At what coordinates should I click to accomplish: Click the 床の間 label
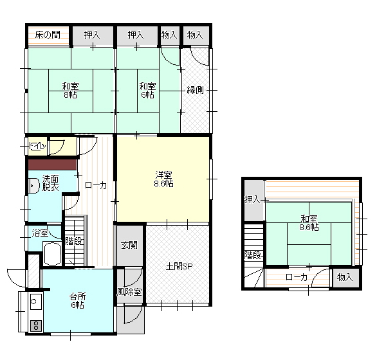[48, 35]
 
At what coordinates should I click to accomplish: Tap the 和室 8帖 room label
[70, 91]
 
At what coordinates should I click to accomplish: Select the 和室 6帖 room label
[147, 91]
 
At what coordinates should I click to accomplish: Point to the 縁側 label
[195, 90]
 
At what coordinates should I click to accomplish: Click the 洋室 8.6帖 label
[163, 179]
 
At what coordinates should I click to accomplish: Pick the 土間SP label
[179, 266]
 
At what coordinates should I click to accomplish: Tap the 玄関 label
[129, 245]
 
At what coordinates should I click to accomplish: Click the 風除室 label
[129, 292]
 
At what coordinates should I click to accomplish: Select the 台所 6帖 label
[77, 301]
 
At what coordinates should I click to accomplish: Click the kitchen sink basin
[35, 301]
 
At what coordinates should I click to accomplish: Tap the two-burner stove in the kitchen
[36, 326]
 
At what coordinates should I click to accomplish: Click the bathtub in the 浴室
[52, 254]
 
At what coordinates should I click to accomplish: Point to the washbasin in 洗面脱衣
[34, 186]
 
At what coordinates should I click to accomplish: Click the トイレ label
[37, 147]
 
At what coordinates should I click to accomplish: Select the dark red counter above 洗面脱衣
[53, 165]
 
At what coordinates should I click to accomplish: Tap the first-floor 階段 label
[73, 241]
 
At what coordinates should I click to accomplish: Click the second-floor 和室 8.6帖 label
[309, 222]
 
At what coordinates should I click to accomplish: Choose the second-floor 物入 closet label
[345, 277]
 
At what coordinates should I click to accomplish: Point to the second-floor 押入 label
[252, 199]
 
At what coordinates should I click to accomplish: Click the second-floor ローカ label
[297, 277]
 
